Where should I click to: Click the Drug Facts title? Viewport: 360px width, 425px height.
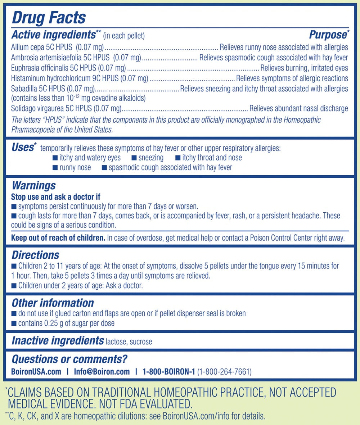point(48,17)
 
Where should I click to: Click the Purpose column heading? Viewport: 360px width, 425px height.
point(328,35)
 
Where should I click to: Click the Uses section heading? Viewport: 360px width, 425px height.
point(23,147)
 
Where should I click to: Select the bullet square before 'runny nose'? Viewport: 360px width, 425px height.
point(55,167)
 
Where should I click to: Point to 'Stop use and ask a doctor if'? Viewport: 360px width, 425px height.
point(55,197)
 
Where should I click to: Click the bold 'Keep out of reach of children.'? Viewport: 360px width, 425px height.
point(58,238)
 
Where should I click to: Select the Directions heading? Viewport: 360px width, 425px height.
point(35,255)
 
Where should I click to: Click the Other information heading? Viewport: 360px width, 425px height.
point(53,303)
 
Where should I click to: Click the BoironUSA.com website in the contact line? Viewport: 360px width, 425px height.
point(36,372)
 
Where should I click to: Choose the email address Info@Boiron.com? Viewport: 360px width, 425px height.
point(102,372)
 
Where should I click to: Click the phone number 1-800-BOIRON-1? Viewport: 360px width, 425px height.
point(168,372)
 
